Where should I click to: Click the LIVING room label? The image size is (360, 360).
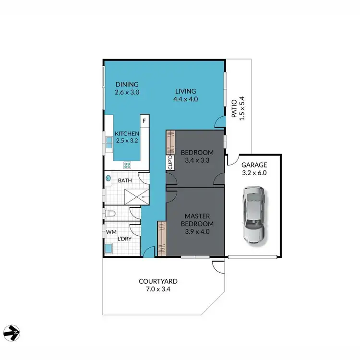(185, 92)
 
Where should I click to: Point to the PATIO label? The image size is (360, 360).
(234, 108)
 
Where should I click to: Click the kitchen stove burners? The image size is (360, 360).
(128, 165)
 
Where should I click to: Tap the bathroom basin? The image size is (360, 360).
(108, 178)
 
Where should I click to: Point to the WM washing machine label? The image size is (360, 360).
(111, 232)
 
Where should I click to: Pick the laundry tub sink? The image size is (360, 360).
(109, 248)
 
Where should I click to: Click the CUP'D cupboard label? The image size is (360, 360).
(170, 163)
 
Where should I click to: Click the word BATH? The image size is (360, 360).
(125, 181)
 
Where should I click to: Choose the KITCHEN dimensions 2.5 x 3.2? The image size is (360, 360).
(127, 141)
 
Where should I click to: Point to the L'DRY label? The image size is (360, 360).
(125, 239)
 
